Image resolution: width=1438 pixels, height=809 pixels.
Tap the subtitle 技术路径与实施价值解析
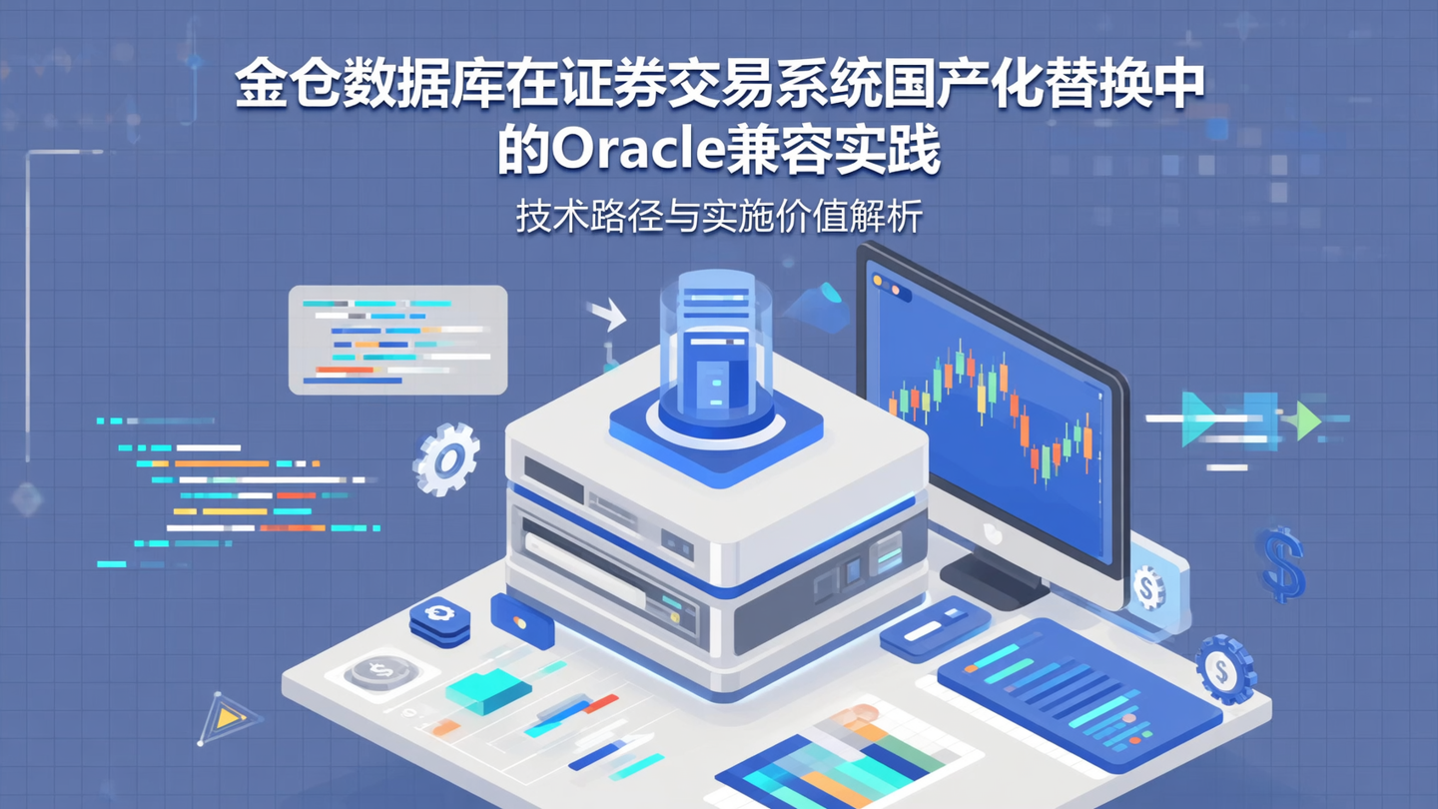point(718,217)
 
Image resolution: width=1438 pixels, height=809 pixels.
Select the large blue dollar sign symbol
point(1281,564)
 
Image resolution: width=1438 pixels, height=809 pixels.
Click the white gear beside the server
point(446,458)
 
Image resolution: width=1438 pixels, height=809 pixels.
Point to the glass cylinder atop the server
point(715,345)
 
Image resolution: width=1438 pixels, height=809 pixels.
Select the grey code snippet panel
point(397,340)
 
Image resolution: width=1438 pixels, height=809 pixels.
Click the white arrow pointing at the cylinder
point(607,316)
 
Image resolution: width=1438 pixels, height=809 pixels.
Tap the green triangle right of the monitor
point(1304,420)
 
